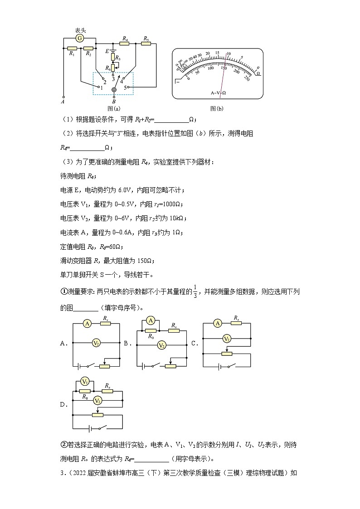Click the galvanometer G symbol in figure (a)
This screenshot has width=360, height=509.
(80, 39)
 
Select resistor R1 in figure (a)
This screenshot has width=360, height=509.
(72, 48)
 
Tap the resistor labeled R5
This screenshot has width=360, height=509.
(146, 44)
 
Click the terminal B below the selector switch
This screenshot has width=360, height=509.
(114, 96)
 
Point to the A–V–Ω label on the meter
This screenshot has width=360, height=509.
(218, 92)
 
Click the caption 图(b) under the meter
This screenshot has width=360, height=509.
(217, 108)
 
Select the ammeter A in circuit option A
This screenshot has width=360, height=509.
(88, 323)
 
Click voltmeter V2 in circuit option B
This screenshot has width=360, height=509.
(161, 345)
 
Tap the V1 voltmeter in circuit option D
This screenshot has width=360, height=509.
(84, 381)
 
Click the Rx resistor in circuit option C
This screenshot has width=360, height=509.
(235, 323)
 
